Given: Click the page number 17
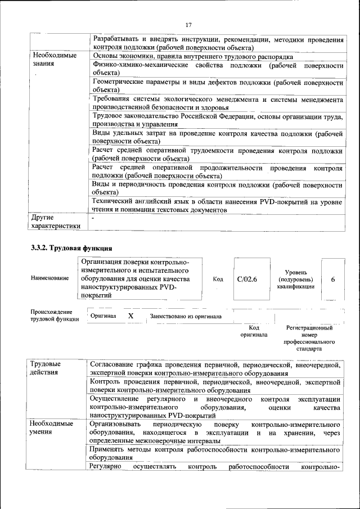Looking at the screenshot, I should tap(188, 25).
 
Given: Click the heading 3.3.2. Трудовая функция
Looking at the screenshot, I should tap(71, 247).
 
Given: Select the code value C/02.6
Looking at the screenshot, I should tap(247, 278).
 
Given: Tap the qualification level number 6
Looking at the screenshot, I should tap(333, 278).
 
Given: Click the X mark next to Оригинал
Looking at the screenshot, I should tap(130, 316).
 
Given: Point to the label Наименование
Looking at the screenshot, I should tap(47, 279).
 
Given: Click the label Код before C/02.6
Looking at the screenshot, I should tap(218, 278).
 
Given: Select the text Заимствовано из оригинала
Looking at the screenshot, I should tap(185, 317).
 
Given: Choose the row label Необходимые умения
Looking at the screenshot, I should tap(51, 427).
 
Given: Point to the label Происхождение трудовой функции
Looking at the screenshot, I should tap(51, 316).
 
